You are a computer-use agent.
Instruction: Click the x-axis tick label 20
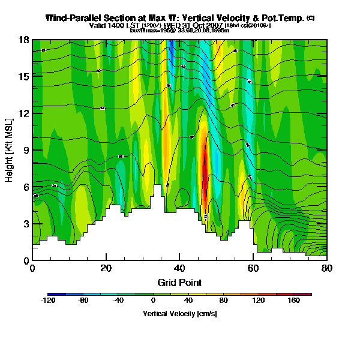tap(106, 268)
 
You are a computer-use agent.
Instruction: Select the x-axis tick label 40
tap(179, 268)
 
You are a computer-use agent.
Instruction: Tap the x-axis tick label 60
tap(253, 268)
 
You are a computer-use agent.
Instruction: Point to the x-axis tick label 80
tap(326, 268)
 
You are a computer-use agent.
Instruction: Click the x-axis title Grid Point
tap(179, 282)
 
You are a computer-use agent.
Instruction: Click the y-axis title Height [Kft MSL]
tap(10, 150)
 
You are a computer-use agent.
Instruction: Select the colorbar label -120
tap(49, 301)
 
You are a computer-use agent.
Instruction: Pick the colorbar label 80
tap(224, 301)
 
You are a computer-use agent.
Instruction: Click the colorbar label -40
tap(118, 301)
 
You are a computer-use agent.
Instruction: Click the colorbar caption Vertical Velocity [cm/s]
tap(179, 314)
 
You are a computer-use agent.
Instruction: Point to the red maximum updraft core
tap(205, 174)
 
